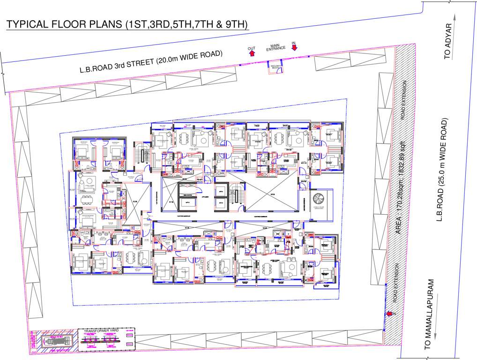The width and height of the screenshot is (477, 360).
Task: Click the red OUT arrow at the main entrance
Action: (252, 53)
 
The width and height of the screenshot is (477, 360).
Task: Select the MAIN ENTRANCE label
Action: (273, 46)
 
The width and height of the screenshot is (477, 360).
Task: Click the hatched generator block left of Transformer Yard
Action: (55, 338)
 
